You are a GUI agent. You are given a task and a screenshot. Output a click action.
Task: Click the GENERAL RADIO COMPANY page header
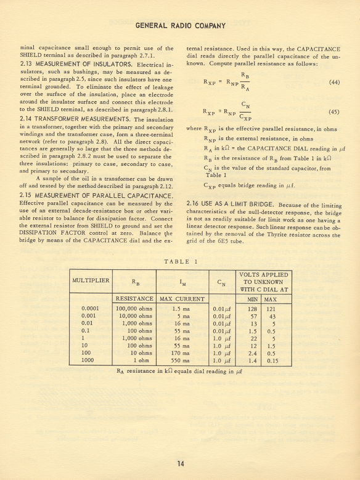tap(179, 26)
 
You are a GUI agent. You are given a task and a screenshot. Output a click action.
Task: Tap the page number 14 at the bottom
tap(179, 465)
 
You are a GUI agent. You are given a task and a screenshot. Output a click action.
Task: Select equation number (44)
tap(334, 82)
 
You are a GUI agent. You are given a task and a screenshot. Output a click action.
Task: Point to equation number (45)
tap(334, 112)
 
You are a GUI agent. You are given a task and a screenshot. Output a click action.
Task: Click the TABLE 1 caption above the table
tap(180, 262)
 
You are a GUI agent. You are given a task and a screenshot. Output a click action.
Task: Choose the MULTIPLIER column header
tap(91, 281)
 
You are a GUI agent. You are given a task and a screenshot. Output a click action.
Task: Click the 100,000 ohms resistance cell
tap(134, 308)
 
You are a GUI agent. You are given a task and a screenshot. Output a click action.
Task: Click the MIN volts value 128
tap(252, 308)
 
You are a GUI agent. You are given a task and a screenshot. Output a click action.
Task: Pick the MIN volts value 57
tap(252, 315)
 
